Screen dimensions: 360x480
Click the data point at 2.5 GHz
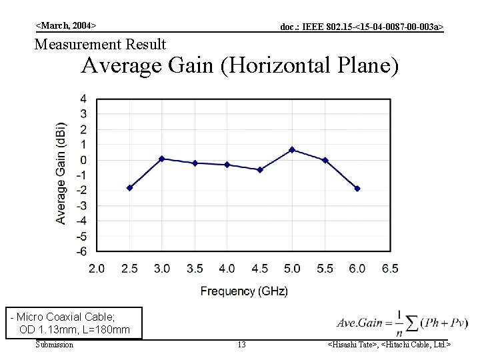coord(129,188)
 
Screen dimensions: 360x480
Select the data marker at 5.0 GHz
coord(292,150)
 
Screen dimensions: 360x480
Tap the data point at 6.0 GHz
coord(357,189)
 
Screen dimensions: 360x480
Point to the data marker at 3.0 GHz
coord(162,159)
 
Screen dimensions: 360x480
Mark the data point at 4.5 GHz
coord(260,170)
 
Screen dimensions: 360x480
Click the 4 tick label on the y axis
coord(83,99)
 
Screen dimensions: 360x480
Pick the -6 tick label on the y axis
coord(81,252)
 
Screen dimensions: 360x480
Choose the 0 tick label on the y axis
coord(83,160)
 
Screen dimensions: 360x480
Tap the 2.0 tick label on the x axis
coord(97,269)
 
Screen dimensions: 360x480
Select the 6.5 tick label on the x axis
coord(390,269)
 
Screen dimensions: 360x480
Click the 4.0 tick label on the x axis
coord(227,269)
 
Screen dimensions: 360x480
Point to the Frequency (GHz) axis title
coord(244,291)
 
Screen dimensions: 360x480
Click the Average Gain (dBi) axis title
coord(61,173)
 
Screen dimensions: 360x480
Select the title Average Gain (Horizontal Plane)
coord(239,66)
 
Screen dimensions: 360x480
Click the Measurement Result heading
coord(100,45)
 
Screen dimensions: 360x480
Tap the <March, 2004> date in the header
coord(66,25)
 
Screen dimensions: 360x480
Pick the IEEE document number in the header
coord(361,27)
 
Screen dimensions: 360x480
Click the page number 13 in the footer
coord(241,345)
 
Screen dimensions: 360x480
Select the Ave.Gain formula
coord(402,323)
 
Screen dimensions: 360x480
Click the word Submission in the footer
coord(54,345)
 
